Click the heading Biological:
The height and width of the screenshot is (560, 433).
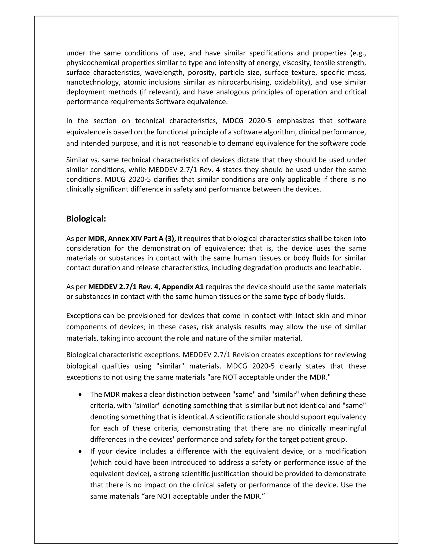(86, 219)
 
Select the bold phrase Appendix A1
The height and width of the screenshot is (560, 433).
(183, 287)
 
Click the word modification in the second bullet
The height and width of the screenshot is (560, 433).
(345, 451)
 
